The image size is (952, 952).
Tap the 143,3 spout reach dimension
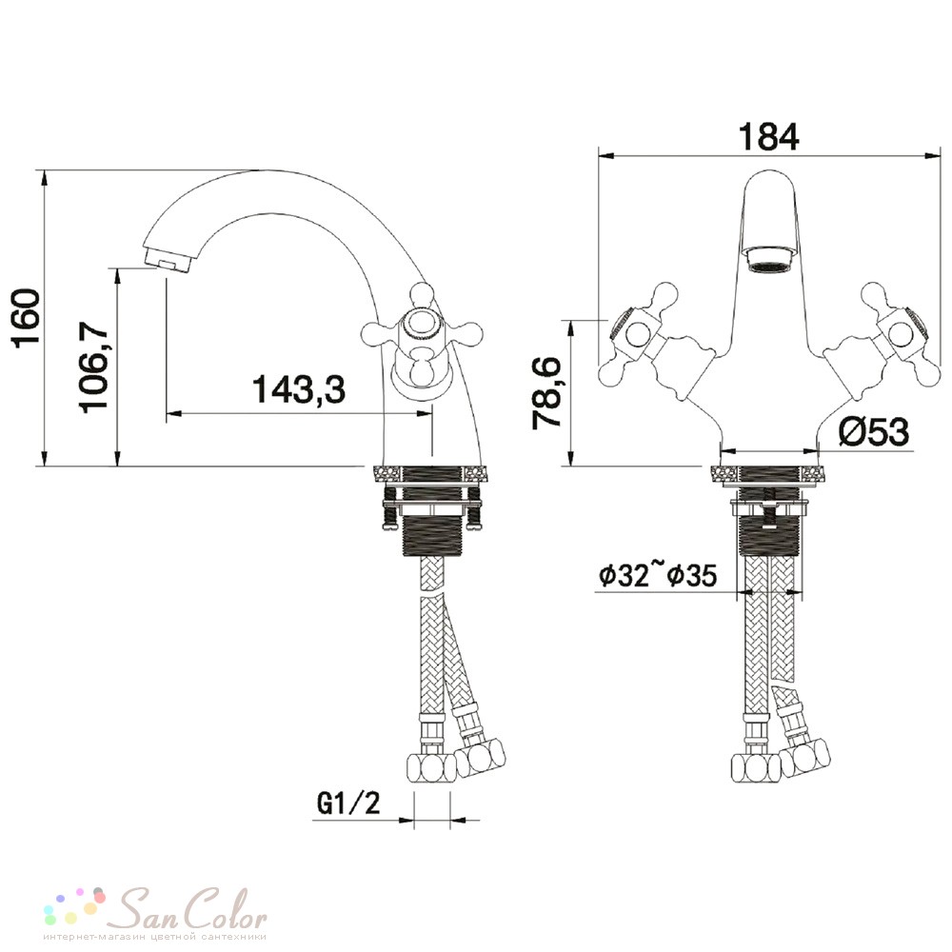(299, 389)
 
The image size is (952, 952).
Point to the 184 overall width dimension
(768, 136)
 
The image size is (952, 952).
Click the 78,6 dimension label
(545, 393)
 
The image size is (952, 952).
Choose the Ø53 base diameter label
(874, 431)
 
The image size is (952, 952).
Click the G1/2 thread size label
(348, 803)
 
